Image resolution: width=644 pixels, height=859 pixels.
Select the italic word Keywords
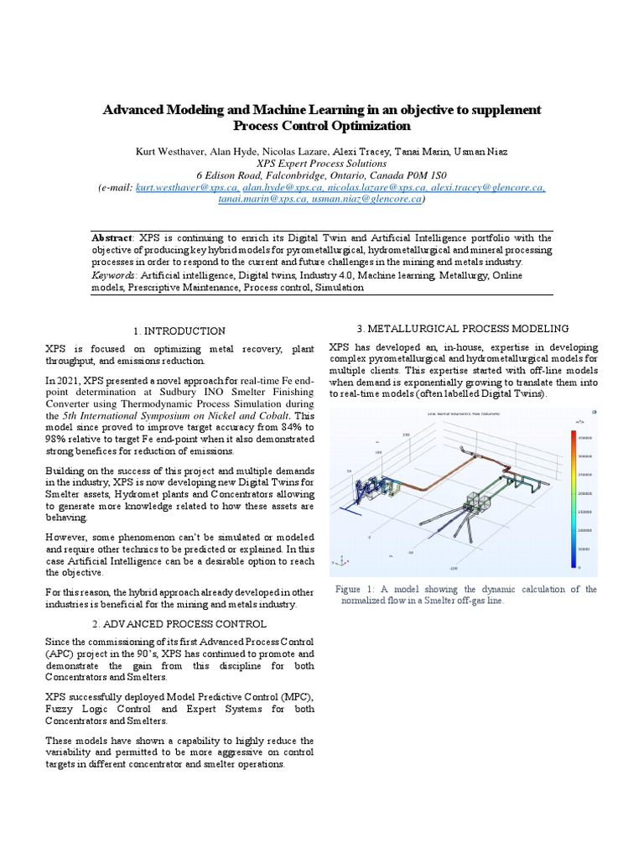(x=114, y=275)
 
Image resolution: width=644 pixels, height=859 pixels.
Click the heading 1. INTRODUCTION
(x=179, y=331)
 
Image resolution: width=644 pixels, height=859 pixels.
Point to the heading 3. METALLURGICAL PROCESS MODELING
(x=463, y=328)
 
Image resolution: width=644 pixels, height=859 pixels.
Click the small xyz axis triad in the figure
(x=338, y=560)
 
